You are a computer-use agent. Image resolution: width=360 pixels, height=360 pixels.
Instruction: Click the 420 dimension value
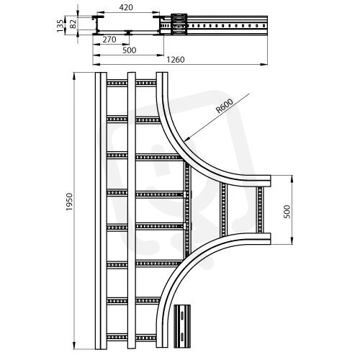[126, 7]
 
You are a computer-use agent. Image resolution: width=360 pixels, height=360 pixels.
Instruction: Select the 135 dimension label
[61, 26]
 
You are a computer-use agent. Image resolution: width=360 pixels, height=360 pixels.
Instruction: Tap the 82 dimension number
[73, 24]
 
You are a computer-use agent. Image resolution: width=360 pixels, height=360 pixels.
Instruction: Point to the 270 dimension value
[109, 40]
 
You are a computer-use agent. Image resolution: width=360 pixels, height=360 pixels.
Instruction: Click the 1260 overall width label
[176, 60]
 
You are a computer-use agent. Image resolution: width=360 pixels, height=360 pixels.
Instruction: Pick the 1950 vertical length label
[69, 202]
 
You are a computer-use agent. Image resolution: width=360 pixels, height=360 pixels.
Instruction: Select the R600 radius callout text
[225, 106]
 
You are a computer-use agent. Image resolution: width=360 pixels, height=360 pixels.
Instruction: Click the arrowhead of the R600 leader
[188, 138]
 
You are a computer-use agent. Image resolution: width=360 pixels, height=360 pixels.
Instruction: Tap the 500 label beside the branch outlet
[287, 212]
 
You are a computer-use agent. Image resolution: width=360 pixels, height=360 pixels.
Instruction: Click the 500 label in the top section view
[130, 50]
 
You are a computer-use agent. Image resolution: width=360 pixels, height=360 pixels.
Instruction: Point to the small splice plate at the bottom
[182, 326]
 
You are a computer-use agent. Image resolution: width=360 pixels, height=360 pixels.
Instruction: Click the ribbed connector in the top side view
[179, 24]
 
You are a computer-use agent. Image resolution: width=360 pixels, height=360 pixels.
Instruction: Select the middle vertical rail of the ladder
[131, 210]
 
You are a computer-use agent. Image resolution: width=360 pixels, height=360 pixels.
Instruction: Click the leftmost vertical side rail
[101, 210]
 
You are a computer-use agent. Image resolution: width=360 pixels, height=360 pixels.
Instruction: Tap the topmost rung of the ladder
[132, 83]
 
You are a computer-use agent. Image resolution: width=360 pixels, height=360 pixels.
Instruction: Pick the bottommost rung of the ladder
[132, 338]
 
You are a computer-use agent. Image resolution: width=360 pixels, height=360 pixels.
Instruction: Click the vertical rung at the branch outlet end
[260, 210]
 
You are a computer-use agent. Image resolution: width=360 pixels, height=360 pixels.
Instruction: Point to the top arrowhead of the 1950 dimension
[74, 76]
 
